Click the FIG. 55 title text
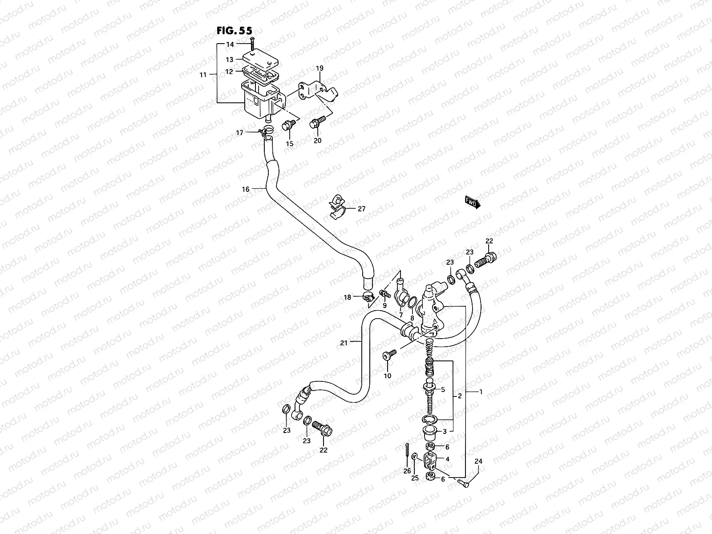[234, 31]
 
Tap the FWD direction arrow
[473, 202]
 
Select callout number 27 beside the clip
[361, 208]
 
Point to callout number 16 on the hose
[246, 189]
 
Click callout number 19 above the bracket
[320, 69]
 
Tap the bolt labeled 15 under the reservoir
[288, 125]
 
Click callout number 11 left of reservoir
[203, 75]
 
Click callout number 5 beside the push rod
[443, 389]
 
